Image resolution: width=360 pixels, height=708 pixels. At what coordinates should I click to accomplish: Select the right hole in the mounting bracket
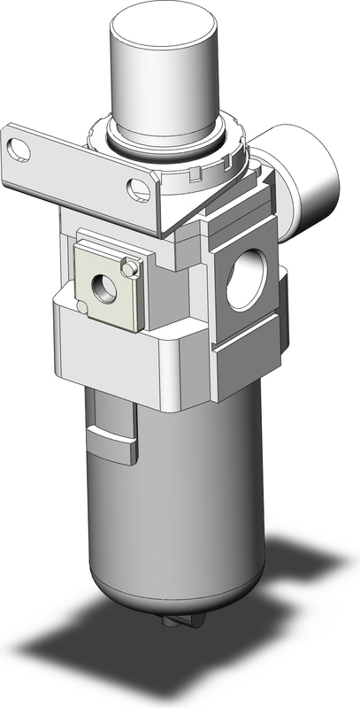(x=137, y=188)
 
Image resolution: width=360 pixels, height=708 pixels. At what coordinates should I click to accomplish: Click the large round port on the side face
(x=243, y=283)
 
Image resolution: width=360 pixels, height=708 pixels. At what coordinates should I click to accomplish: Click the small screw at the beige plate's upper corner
(x=130, y=265)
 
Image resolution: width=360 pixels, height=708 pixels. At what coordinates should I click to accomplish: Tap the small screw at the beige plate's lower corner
(x=82, y=306)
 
